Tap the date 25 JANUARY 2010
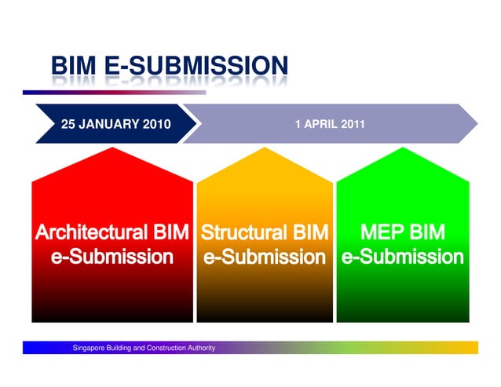pyautogui.click(x=115, y=125)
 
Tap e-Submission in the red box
pyautogui.click(x=112, y=257)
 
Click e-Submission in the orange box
pyautogui.click(x=264, y=257)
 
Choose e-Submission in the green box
pyautogui.click(x=402, y=257)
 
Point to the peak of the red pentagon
pyautogui.click(x=112, y=148)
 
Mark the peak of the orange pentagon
pyautogui.click(x=265, y=148)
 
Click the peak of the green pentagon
pyautogui.click(x=403, y=148)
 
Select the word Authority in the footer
pyautogui.click(x=199, y=348)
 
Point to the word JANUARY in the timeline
pyautogui.click(x=109, y=125)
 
